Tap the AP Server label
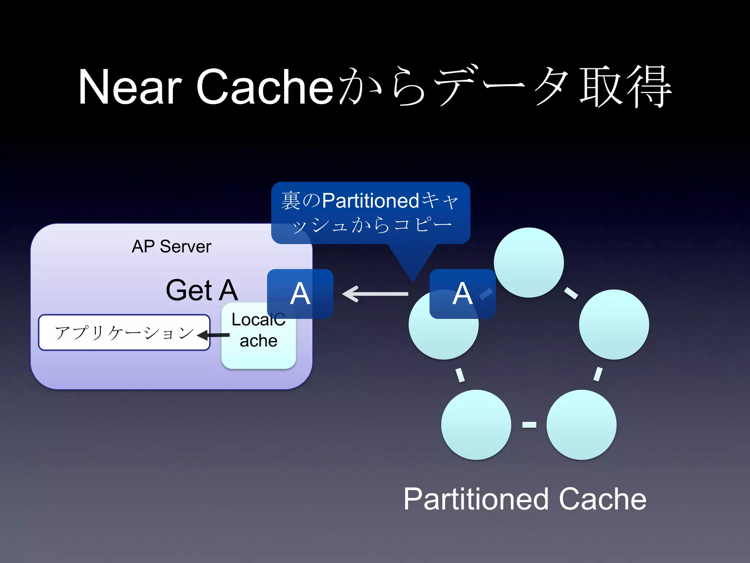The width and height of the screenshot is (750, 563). (x=171, y=246)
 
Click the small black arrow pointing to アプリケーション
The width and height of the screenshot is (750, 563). (x=214, y=335)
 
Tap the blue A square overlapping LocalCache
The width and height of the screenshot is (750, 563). (x=300, y=294)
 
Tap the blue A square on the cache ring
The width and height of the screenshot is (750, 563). (x=462, y=294)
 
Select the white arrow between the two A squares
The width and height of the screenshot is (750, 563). (x=375, y=294)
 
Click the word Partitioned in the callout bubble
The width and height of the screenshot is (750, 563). (x=370, y=201)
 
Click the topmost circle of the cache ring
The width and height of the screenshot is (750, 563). (x=528, y=262)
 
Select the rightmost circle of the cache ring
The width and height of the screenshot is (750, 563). (x=614, y=324)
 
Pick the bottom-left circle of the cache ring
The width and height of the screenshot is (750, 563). (x=476, y=424)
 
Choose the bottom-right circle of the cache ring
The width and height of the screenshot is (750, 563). (x=581, y=424)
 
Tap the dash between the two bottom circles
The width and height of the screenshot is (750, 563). (x=529, y=424)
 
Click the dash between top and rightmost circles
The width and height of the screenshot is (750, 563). (x=571, y=293)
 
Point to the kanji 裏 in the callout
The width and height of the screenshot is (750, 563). (x=291, y=201)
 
